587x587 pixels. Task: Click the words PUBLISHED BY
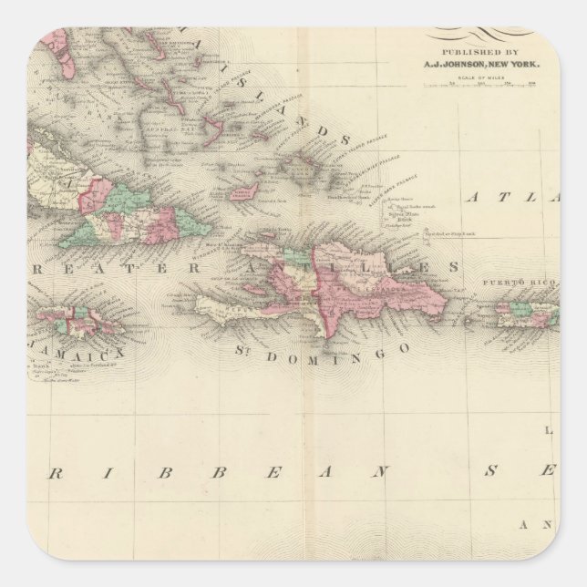click(479, 53)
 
